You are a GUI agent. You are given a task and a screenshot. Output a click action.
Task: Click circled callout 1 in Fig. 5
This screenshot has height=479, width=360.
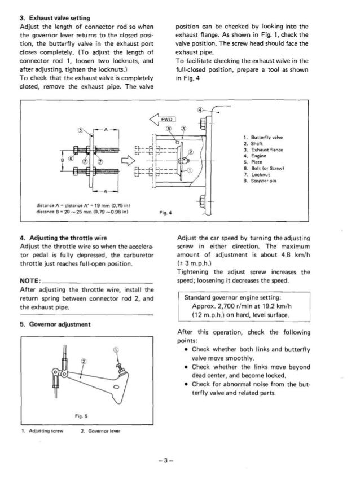[117, 350]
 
